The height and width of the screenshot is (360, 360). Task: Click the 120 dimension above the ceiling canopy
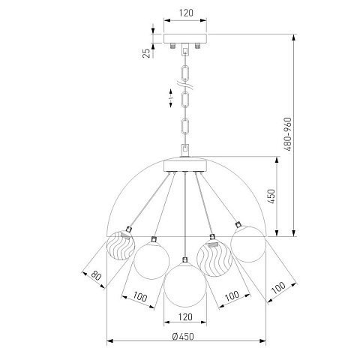186,13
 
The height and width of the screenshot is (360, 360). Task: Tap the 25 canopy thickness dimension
146,53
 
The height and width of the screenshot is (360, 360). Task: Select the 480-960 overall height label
288,134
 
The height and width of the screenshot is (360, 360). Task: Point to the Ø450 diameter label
183,337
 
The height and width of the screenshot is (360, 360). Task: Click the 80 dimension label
96,275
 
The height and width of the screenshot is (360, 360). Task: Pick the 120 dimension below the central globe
185,317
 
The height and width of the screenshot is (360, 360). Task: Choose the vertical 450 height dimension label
271,196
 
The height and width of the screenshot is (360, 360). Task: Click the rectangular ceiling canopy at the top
185,38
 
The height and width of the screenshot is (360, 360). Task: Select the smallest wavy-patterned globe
121,245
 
